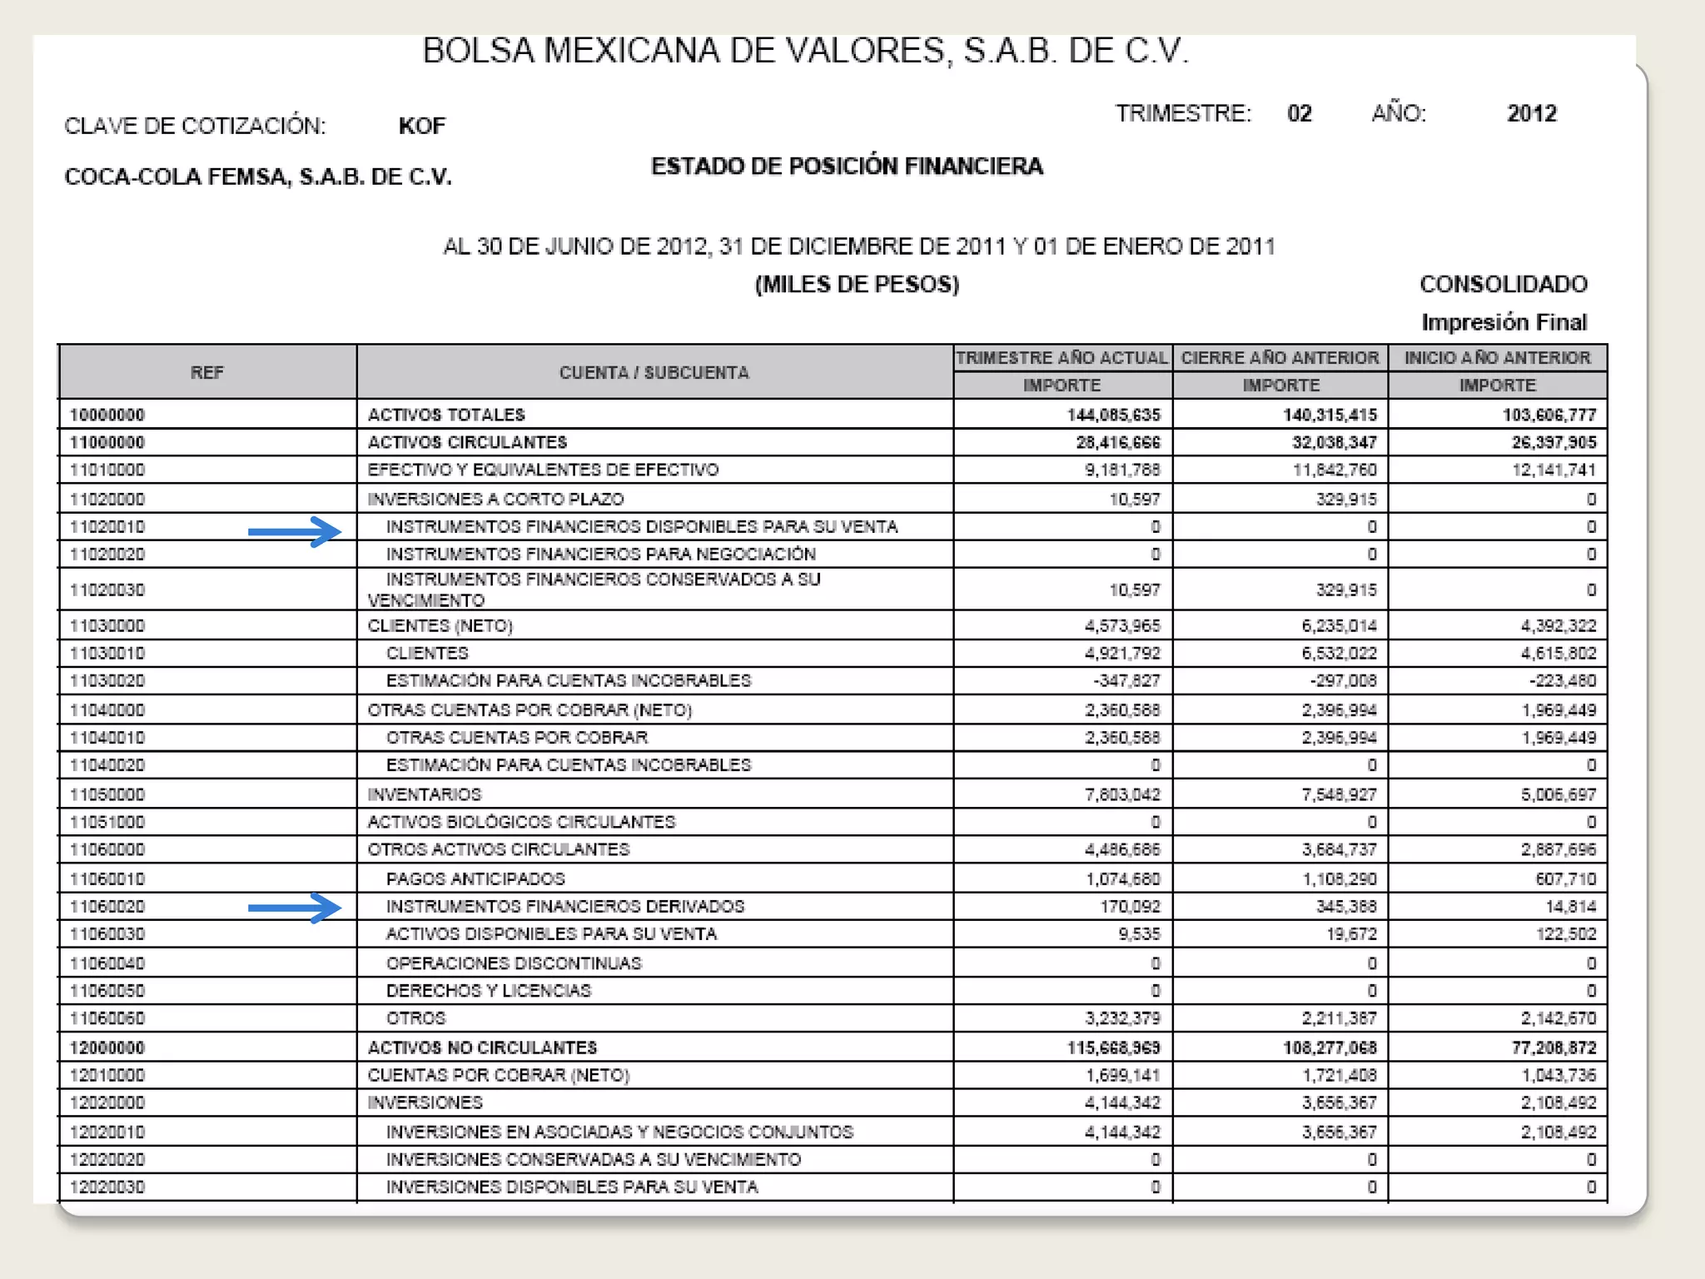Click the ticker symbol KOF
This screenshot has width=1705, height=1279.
421,126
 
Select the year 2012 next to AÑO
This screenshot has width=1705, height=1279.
1531,113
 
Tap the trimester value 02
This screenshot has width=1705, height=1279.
1299,113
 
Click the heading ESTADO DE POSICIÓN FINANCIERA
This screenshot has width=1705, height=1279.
847,167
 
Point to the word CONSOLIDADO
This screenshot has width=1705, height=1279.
1503,285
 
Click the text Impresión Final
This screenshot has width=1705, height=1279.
1504,322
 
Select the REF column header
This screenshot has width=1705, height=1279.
206,372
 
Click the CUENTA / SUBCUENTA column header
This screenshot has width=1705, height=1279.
654,372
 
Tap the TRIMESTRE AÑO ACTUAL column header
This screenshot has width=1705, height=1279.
1061,358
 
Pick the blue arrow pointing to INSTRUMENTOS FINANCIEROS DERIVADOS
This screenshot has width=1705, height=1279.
295,907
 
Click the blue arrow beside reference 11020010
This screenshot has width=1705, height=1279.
295,531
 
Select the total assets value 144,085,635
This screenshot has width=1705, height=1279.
1113,415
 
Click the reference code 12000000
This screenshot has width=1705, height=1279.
107,1048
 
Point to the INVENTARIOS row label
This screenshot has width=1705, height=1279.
425,794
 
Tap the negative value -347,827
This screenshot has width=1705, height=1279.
1126,681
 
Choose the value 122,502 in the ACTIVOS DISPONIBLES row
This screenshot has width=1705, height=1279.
1566,934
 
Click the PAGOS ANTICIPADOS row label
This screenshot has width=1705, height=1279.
475,879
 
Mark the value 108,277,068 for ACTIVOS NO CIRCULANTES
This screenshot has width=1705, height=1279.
1330,1048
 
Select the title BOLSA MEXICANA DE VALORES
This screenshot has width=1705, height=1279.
805,52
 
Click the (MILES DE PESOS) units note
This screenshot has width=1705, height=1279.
857,285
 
